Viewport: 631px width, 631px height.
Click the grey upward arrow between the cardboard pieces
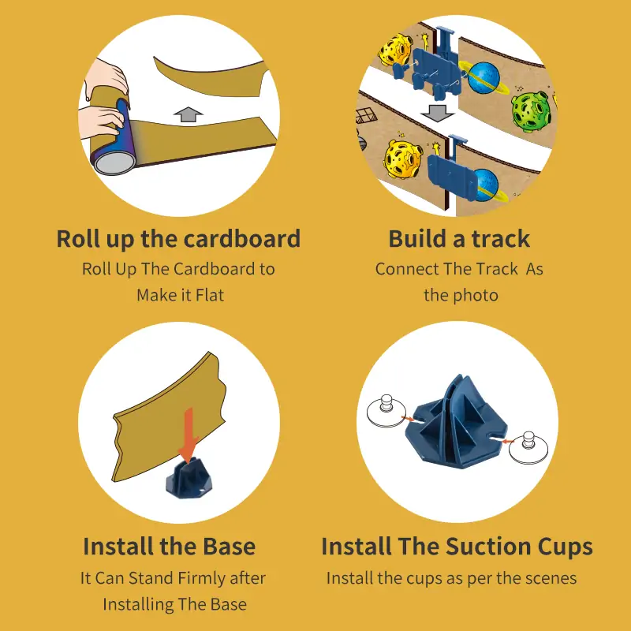(x=189, y=114)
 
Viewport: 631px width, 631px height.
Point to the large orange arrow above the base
(x=189, y=435)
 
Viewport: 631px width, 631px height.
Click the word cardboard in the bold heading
(x=242, y=239)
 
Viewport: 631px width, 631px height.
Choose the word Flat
(x=209, y=295)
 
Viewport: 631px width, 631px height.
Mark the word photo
(x=476, y=296)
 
